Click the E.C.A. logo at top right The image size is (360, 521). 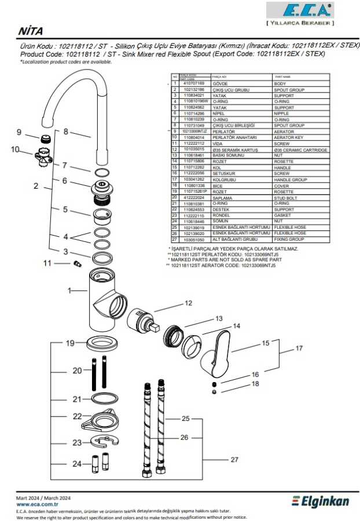299,10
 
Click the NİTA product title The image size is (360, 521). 30,31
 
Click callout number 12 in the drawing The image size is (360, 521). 188,303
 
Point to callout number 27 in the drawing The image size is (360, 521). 234,460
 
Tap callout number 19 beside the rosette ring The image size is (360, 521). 70,343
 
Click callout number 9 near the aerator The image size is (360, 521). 19,132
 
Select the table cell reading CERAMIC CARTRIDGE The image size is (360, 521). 300,150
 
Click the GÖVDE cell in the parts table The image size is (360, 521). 220,83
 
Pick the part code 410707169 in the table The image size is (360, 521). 194,83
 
